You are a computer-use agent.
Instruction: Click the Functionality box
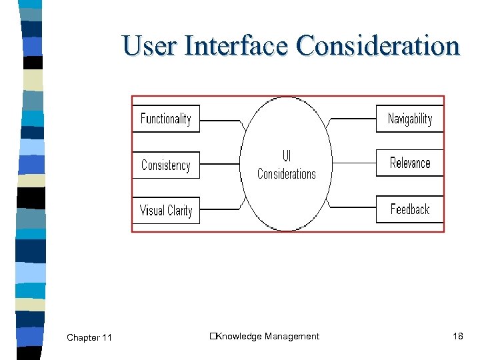click(x=166, y=119)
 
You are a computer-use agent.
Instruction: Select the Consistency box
click(x=166, y=165)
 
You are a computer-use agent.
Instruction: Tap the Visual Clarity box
click(x=166, y=211)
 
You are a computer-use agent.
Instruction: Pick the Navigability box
click(x=409, y=119)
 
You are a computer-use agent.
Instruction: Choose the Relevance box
click(x=409, y=163)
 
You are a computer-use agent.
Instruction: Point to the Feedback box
click(x=409, y=209)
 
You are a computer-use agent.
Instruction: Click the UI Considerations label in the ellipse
click(x=287, y=165)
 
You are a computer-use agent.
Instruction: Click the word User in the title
click(x=150, y=46)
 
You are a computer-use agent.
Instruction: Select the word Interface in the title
click(x=237, y=46)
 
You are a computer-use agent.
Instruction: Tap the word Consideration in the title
click(x=378, y=46)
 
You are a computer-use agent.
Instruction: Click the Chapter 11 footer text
click(x=89, y=338)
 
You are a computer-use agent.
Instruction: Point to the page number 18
click(x=457, y=336)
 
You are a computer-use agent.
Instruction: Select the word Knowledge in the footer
click(x=239, y=337)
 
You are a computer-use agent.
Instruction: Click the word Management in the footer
click(x=292, y=337)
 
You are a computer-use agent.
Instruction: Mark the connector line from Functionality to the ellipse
click(x=220, y=121)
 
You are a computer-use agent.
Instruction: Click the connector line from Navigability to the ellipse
click(x=353, y=119)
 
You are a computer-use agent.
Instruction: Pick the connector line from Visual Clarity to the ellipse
click(x=220, y=208)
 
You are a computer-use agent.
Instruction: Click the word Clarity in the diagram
click(x=179, y=211)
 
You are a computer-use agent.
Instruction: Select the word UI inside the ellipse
click(x=287, y=157)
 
